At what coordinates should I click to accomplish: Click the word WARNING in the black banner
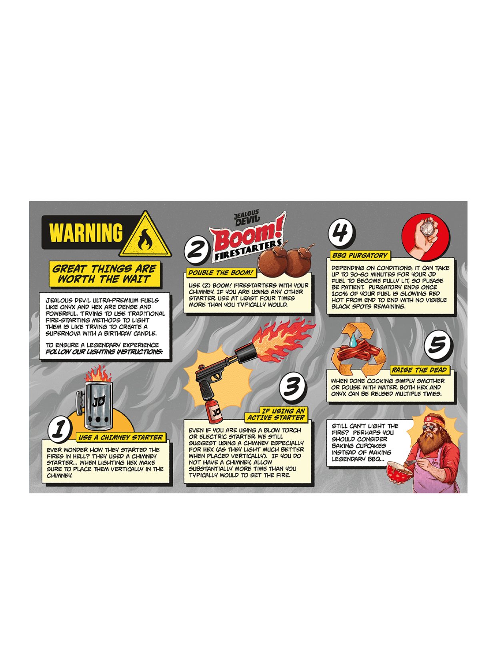point(86,232)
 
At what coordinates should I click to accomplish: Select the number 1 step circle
point(60,429)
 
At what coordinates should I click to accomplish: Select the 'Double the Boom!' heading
point(220,272)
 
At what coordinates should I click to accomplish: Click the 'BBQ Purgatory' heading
point(360,255)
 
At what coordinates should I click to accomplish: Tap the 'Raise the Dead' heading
point(419,370)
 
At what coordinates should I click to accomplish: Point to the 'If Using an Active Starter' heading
point(276,414)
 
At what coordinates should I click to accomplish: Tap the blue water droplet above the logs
point(353,341)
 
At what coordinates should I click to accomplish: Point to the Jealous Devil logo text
point(247,218)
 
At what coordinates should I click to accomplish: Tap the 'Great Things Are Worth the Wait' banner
point(104,274)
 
